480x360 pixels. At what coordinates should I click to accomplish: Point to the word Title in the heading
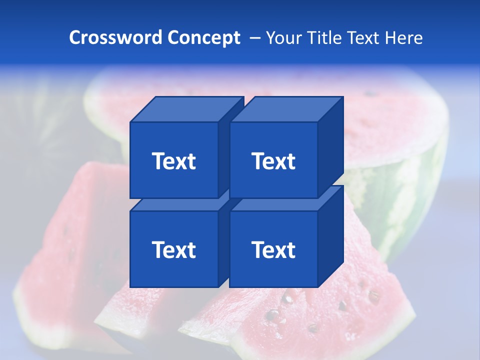coord(324,37)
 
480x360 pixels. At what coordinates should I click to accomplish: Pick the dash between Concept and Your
coord(254,37)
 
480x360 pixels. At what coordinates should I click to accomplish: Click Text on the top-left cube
coord(173,161)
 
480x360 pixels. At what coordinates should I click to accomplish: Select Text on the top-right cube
coord(273,161)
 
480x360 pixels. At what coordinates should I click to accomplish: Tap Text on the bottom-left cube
coord(173,249)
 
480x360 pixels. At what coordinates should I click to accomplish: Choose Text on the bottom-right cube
coord(273,249)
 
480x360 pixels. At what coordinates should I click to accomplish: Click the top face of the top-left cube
coord(186,109)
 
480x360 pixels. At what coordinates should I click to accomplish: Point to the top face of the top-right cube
coord(286,109)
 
